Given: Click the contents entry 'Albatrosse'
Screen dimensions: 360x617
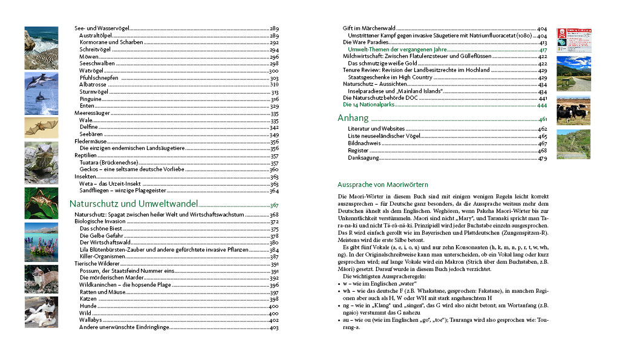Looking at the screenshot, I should tap(93, 85).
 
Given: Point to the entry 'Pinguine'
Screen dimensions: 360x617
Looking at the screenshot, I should tap(91, 99).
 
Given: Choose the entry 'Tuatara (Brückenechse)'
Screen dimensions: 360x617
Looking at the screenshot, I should tap(109, 163).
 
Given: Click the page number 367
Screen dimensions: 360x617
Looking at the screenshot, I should tap(274, 205).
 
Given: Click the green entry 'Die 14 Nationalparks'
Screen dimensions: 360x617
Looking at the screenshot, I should tap(369, 105).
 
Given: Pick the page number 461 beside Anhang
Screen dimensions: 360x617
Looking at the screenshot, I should tap(543, 119).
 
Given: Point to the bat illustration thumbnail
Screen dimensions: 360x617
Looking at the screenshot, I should tap(41, 128).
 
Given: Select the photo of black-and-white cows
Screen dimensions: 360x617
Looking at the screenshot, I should tap(573, 110).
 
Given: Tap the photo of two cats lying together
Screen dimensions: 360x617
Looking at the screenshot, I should tap(41, 312).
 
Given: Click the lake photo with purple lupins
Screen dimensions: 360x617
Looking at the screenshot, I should tap(41, 241).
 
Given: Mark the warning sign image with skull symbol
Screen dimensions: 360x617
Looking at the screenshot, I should tap(573, 39).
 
